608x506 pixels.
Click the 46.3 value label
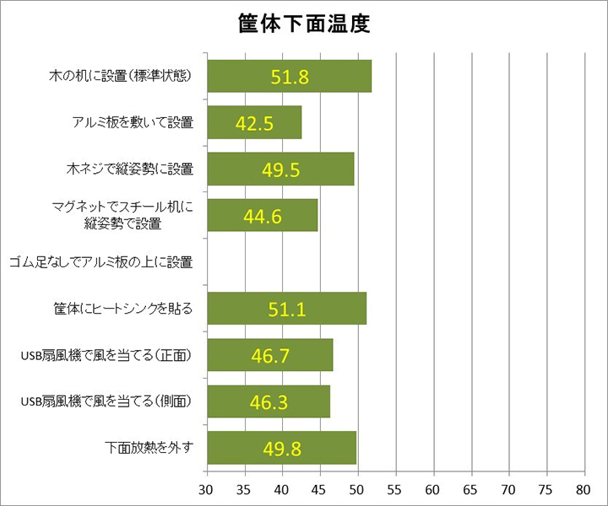pos(269,401)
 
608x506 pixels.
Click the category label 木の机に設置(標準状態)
pos(122,77)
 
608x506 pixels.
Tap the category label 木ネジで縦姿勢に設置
pos(130,169)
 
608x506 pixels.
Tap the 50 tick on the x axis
pos(357,488)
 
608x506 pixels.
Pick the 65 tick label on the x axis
pos(471,488)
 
